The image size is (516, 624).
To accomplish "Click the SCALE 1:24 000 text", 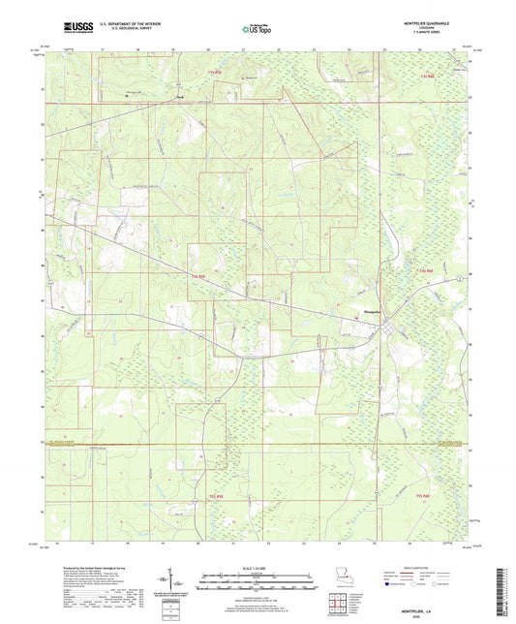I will (x=258, y=567).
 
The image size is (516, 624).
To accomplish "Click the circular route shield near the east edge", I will (x=447, y=280).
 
